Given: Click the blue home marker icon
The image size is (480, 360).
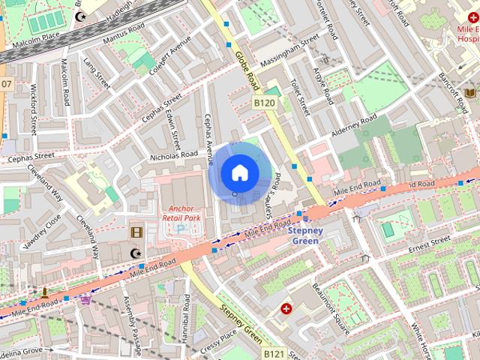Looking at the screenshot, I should [238, 173].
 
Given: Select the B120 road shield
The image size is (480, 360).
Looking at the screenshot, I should [264, 103].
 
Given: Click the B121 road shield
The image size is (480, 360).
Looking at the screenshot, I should [274, 352].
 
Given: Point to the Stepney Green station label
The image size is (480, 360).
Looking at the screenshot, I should [305, 235].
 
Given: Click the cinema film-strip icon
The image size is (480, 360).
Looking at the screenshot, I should [136, 232].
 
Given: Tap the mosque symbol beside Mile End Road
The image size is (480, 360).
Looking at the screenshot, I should [136, 253].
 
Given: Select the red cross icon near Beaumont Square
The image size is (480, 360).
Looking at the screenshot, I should [286, 308].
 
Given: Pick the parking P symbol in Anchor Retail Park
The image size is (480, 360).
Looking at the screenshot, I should [178, 227].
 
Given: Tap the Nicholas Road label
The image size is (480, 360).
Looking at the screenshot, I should [172, 156].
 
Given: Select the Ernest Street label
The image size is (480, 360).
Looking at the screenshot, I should [428, 244].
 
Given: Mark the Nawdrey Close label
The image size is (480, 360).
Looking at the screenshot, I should [42, 232].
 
